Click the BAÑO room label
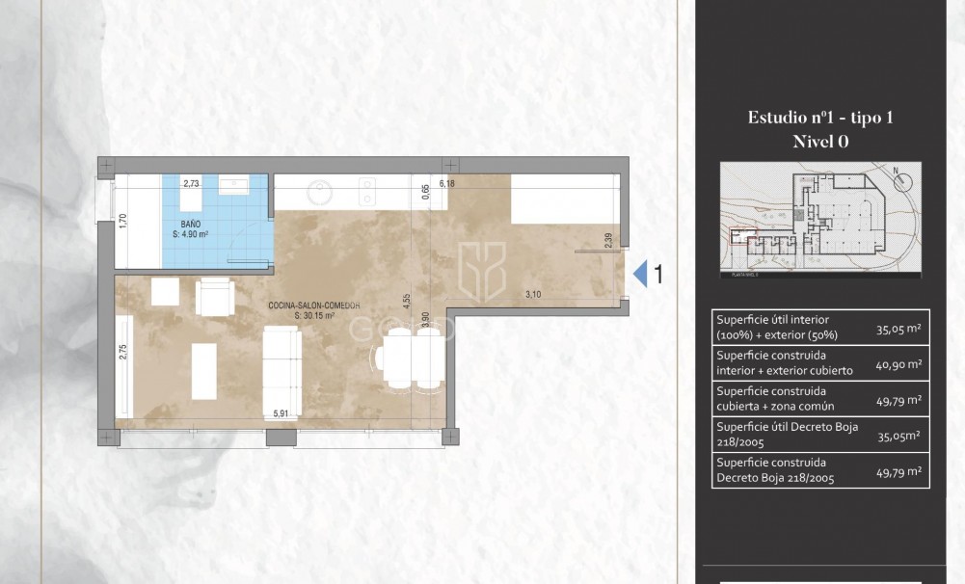coord(190,223)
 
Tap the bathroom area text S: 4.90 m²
coord(197,232)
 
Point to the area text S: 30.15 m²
coord(314,315)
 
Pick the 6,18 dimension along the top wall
coord(446,182)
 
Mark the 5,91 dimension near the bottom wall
coord(281,413)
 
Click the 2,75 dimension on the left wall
coord(123,351)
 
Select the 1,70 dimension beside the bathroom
coord(123,220)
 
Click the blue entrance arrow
coord(640,275)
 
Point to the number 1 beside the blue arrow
coord(658,275)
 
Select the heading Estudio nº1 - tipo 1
coord(820,118)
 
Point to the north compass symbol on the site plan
coord(898,177)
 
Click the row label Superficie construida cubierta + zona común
coord(769,399)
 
